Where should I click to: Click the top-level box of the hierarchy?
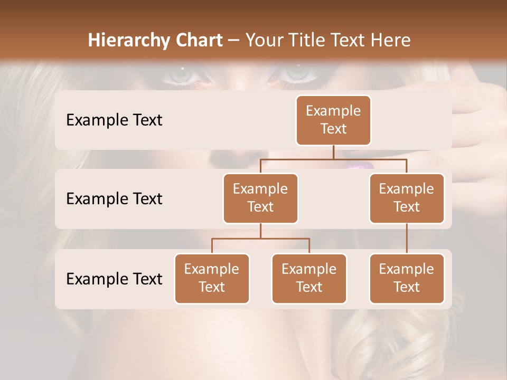pyautogui.click(x=333, y=120)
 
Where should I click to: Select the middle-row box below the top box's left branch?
pyautogui.click(x=260, y=198)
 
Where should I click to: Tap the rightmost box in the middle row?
pyautogui.click(x=407, y=198)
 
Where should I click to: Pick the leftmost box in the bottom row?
pyautogui.click(x=212, y=278)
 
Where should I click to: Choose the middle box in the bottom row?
pyautogui.click(x=309, y=278)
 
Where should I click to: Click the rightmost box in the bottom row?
pyautogui.click(x=407, y=278)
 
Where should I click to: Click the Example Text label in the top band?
pyautogui.click(x=114, y=120)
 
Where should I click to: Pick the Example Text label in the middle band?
pyautogui.click(x=114, y=198)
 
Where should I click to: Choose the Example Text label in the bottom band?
pyautogui.click(x=114, y=279)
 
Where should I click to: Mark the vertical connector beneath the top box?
pyautogui.click(x=333, y=152)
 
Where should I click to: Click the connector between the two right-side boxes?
pyautogui.click(x=407, y=239)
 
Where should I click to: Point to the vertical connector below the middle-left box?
pyautogui.click(x=260, y=231)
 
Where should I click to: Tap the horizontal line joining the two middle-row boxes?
pyautogui.click(x=333, y=159)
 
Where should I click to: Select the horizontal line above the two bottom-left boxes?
pyautogui.click(x=260, y=239)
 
